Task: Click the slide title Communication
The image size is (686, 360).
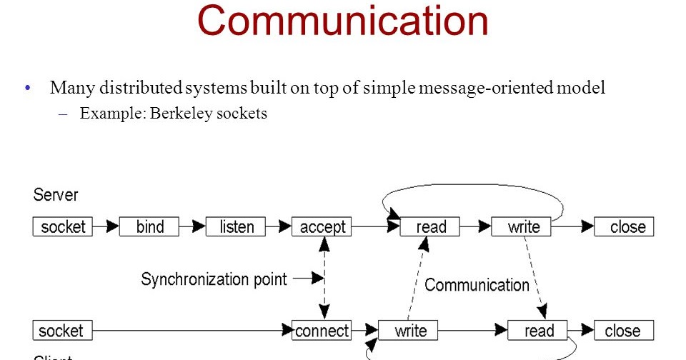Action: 343,21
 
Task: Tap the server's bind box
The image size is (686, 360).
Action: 149,227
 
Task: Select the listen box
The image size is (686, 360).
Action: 236,227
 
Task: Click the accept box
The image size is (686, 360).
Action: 322,227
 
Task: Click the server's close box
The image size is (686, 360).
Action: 624,227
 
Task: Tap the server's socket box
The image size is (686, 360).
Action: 63,227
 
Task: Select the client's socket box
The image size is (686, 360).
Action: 62,331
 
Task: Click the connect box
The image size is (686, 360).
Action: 322,331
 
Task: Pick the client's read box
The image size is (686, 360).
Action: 538,331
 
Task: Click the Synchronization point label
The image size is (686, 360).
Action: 214,279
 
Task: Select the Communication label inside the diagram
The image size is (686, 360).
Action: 477,285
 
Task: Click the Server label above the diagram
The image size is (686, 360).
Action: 56,195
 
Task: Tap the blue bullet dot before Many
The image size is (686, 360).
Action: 28,89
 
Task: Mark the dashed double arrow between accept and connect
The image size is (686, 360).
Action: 324,279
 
